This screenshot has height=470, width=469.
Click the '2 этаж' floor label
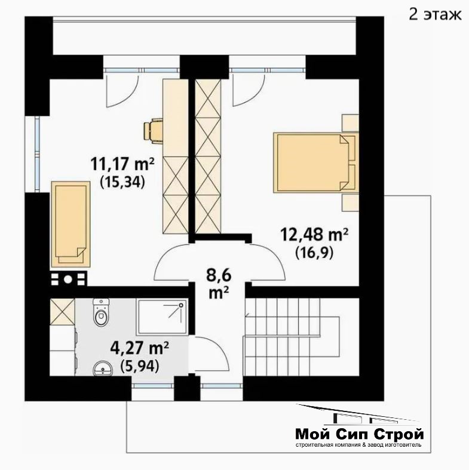coord(435,14)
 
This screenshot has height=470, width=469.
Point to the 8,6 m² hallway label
coord(219,284)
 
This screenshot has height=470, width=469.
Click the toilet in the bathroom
coord(101,312)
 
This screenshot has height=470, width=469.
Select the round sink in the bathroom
coord(103,368)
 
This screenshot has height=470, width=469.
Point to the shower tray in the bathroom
coord(163,317)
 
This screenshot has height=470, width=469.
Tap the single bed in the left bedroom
coord(70,224)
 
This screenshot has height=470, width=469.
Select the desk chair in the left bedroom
coord(153,129)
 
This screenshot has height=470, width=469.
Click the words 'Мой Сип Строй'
coord(360,434)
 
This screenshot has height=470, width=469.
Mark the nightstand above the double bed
coord(350,123)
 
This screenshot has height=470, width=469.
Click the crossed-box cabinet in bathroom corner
coord(62,312)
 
